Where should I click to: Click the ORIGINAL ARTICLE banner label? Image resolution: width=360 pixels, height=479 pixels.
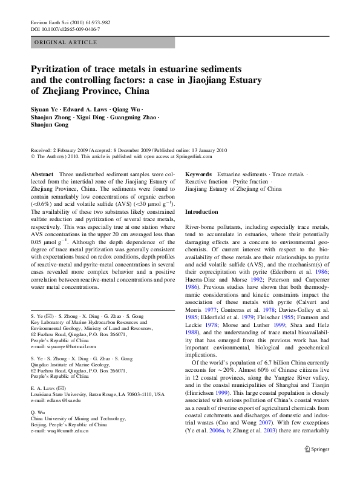tap(66, 42)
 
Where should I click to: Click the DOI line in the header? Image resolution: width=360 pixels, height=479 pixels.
tap(65, 29)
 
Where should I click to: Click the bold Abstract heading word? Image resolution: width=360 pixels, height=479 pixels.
tap(42, 174)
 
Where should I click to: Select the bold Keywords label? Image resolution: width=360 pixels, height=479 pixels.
tap(198, 174)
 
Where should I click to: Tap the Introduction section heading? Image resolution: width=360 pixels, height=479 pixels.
tap(201, 212)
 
